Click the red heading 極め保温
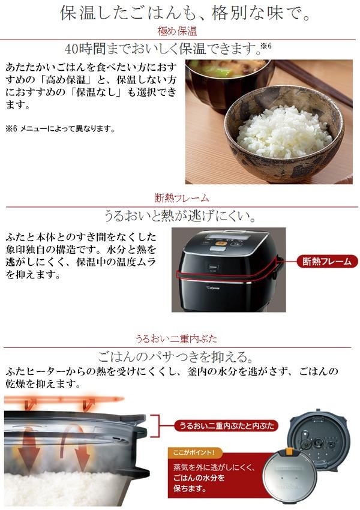click(177, 31)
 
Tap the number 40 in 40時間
click(71, 49)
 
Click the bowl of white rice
click(284, 133)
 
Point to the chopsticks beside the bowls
click(314, 83)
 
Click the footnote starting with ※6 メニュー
click(61, 129)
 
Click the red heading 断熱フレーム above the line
click(181, 198)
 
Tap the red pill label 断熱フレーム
click(327, 262)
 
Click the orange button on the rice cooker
click(221, 243)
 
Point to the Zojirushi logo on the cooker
click(212, 287)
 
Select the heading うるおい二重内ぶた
click(176, 339)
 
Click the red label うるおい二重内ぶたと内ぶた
click(226, 426)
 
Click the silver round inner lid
click(289, 476)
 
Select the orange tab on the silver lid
click(289, 451)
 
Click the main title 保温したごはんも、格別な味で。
click(185, 14)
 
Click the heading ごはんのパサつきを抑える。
click(176, 357)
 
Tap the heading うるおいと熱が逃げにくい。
click(181, 215)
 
